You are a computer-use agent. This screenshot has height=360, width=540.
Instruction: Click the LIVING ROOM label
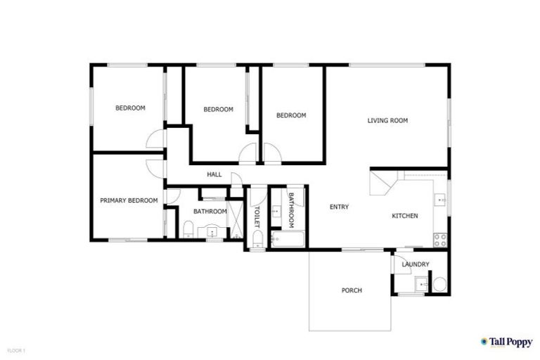click(387, 121)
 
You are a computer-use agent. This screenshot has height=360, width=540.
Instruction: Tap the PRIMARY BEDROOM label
click(128, 200)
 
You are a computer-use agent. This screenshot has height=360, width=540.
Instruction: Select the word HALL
click(214, 174)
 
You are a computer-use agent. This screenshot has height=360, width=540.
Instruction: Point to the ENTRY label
click(340, 207)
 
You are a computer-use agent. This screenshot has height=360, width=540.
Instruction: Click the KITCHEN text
click(405, 216)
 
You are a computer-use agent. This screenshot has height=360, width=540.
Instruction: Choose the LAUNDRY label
click(416, 264)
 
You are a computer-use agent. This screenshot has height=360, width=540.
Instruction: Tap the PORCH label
click(352, 290)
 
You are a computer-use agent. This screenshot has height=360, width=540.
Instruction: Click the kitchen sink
click(441, 200)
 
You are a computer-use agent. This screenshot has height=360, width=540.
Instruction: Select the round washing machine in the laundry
click(439, 284)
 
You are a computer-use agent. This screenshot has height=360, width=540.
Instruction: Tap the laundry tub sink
click(420, 284)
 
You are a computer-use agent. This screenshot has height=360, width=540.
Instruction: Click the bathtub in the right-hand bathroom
click(288, 240)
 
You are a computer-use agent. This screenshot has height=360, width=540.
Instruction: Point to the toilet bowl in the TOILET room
click(257, 243)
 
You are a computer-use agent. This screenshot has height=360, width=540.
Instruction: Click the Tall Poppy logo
click(506, 342)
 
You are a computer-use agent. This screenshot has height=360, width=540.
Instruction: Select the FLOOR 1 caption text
click(16, 350)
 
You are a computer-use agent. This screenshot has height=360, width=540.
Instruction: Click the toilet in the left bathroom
click(188, 228)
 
